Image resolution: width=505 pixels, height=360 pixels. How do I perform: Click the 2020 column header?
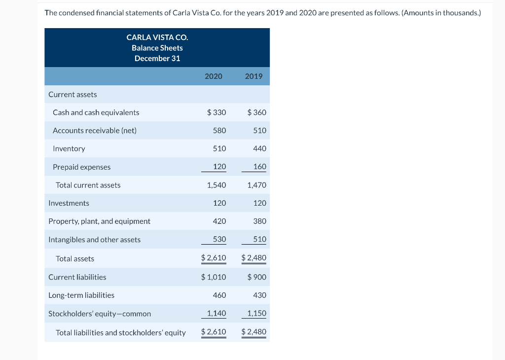coord(213,76)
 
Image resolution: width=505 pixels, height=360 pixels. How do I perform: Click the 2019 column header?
coord(253,76)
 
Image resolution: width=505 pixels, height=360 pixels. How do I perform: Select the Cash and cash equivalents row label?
coord(96,112)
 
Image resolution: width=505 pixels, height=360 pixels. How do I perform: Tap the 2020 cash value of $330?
coord(216,112)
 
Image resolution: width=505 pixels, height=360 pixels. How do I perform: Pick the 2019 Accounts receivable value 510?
coord(259,131)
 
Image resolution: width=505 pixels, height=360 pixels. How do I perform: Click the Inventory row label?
coord(69,148)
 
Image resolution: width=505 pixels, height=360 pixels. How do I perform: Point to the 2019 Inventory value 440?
coord(259,148)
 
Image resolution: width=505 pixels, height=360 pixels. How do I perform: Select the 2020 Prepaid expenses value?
coord(219,167)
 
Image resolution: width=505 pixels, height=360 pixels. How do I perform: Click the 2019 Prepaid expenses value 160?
coord(259,167)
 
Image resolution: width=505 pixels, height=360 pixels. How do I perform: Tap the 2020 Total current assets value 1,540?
coord(216,185)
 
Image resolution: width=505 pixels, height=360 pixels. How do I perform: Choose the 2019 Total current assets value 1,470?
coord(256,185)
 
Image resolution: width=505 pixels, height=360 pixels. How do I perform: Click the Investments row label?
coord(69,203)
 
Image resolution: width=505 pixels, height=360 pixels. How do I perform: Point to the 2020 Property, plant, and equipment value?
coord(219,221)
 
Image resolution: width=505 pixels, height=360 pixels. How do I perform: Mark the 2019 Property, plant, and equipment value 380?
coord(259,221)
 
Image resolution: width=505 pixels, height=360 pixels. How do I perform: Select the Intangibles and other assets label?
coord(94,240)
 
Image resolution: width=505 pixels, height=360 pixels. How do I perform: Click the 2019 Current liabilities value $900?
coord(256,277)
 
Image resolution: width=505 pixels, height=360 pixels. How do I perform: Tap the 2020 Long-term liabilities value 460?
coord(219,295)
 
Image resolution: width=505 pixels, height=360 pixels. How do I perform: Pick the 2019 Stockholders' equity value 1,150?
coord(256,313)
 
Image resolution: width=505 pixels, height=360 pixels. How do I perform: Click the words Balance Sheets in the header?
coord(157,48)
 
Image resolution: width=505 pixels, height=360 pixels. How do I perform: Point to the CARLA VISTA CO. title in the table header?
coord(157,37)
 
